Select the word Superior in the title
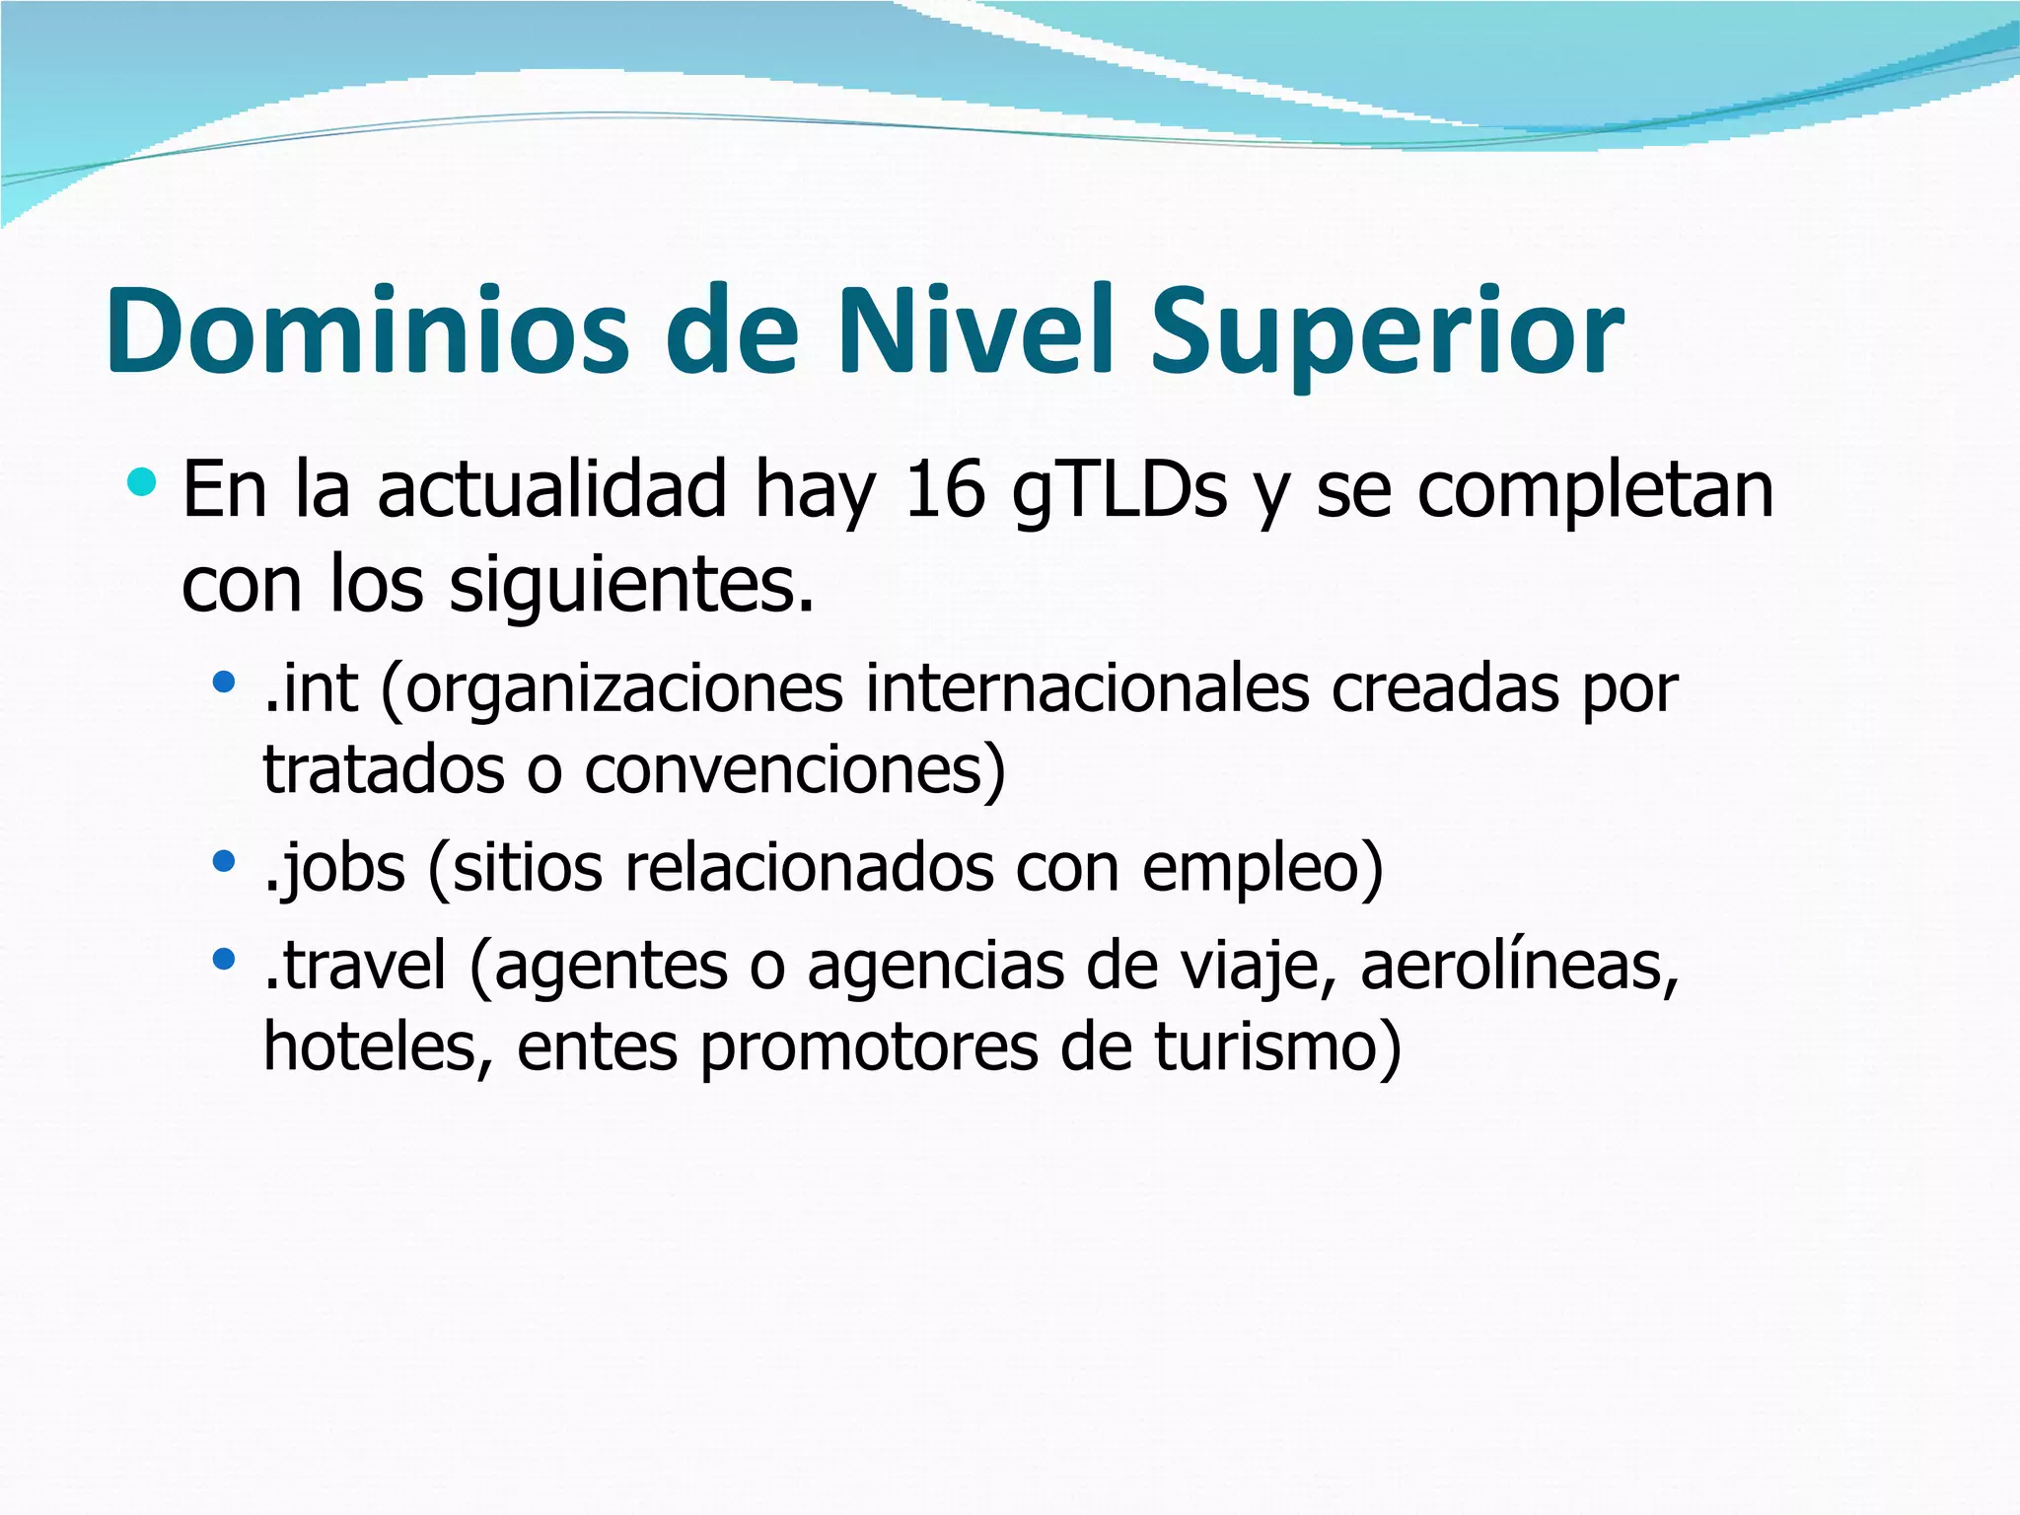click(1386, 335)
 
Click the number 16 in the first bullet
click(945, 490)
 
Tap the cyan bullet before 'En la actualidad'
click(142, 482)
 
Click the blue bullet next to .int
click(225, 680)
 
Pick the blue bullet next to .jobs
click(225, 860)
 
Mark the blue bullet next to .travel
click(225, 957)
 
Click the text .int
click(311, 687)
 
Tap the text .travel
click(356, 965)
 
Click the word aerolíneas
click(1519, 965)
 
